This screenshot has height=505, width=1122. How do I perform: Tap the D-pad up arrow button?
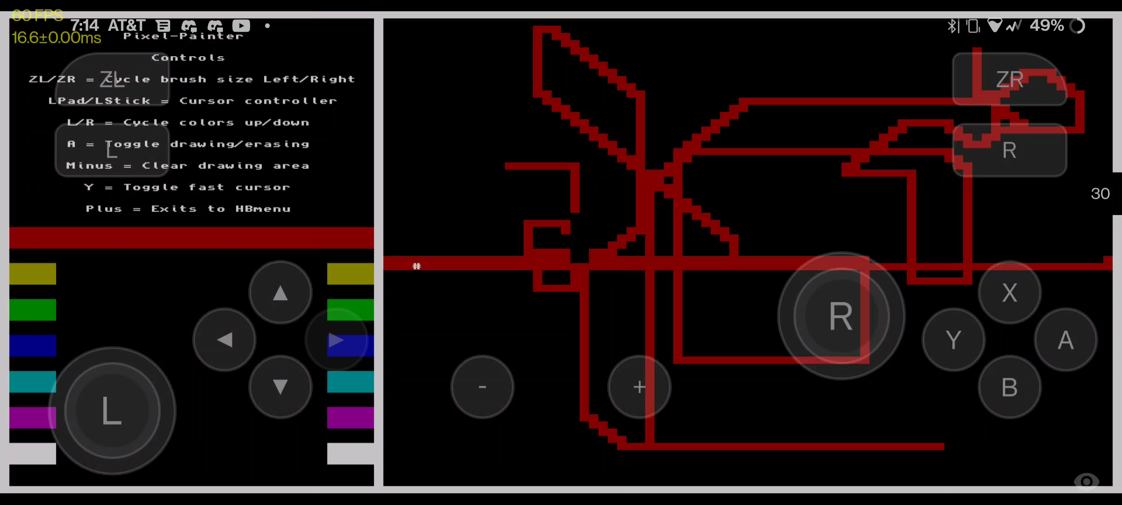pyautogui.click(x=280, y=293)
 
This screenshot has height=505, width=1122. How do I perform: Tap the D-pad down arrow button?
pyautogui.click(x=280, y=387)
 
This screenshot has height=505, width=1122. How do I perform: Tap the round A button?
pyautogui.click(x=1065, y=340)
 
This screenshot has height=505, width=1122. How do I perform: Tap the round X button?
pyautogui.click(x=1009, y=293)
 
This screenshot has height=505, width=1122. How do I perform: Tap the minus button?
pyautogui.click(x=482, y=387)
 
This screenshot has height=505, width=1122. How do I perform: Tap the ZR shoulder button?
pyautogui.click(x=1009, y=79)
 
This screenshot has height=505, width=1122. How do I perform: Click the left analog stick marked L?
pyautogui.click(x=112, y=411)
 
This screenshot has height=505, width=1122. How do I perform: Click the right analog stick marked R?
pyautogui.click(x=841, y=316)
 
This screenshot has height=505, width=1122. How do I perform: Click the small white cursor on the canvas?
pyautogui.click(x=417, y=266)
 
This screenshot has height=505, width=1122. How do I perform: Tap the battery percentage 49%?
pyautogui.click(x=1046, y=26)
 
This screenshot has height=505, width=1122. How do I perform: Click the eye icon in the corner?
pyautogui.click(x=1086, y=481)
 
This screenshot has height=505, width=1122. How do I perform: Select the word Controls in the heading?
pyautogui.click(x=188, y=58)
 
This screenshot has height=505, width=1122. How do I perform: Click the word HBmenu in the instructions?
pyautogui.click(x=263, y=209)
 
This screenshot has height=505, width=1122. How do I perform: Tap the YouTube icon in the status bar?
pyautogui.click(x=241, y=26)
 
